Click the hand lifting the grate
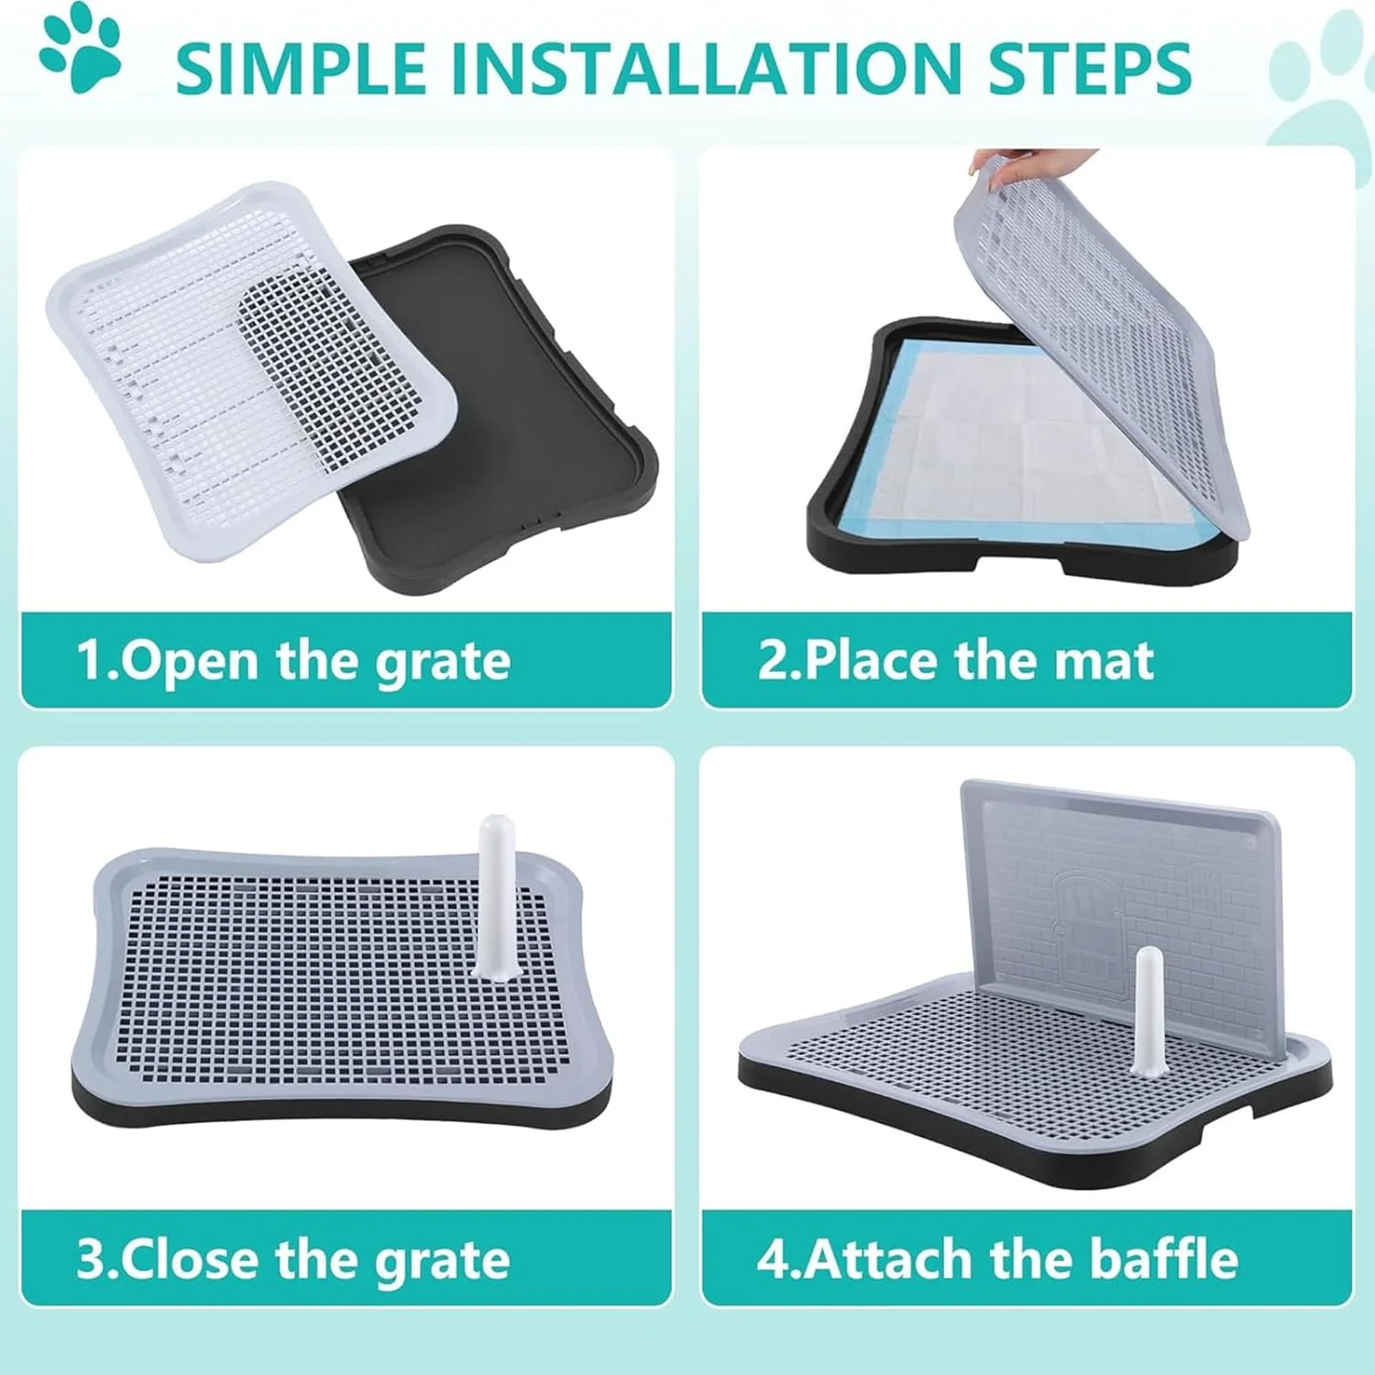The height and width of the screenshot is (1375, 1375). [x=1031, y=162]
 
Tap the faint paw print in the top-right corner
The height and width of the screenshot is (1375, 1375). [x=1320, y=87]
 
